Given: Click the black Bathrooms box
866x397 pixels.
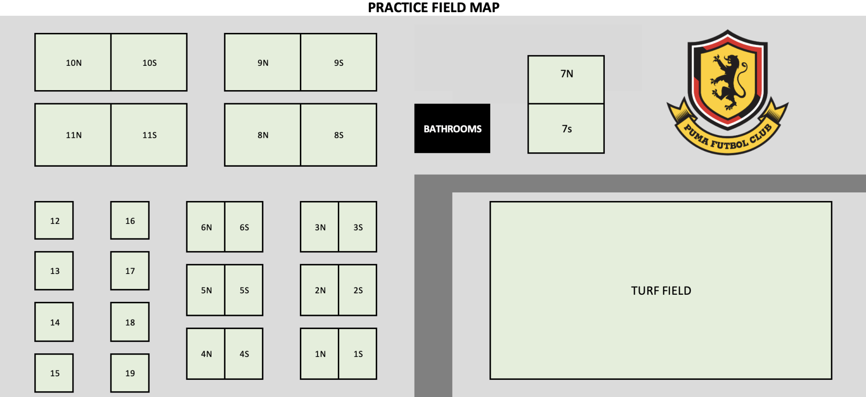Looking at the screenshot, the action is [452, 128].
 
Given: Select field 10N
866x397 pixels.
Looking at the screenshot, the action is [73, 62].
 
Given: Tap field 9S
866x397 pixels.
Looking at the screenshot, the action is [339, 62].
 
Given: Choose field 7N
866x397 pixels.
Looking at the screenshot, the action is [566, 79].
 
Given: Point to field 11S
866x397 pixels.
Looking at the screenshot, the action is [149, 135].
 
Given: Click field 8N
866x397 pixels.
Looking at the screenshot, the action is [263, 135].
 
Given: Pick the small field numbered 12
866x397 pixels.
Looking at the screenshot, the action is [54, 220].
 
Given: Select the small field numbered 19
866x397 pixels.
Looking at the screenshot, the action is [130, 373].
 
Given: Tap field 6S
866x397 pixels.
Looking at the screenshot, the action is [244, 227].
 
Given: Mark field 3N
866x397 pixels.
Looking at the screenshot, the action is [320, 227].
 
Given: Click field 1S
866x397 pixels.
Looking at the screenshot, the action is [358, 354].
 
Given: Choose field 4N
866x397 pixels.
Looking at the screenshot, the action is [206, 354].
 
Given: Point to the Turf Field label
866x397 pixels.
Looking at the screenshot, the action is [661, 291].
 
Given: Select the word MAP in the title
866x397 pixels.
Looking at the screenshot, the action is [484, 7].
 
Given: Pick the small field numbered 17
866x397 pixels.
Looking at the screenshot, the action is [130, 271].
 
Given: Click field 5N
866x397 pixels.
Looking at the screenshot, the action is [206, 290].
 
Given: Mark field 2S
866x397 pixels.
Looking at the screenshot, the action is [358, 290].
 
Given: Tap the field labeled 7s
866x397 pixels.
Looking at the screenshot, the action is [566, 129].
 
